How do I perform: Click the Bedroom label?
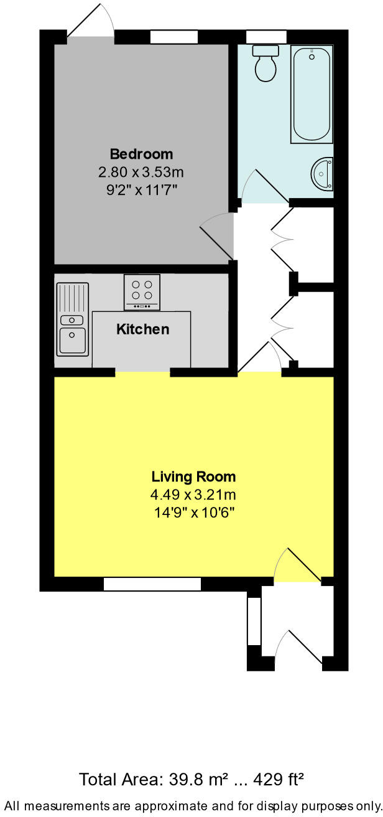point(141,153)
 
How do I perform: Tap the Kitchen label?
point(142,329)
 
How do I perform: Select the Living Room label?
point(193,477)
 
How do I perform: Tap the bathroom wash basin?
point(324,174)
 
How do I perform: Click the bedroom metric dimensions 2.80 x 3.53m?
point(141,171)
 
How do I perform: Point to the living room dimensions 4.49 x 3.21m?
point(193,496)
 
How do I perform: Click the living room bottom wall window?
point(152,584)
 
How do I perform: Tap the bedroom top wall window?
point(174,37)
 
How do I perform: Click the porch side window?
point(254,621)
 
